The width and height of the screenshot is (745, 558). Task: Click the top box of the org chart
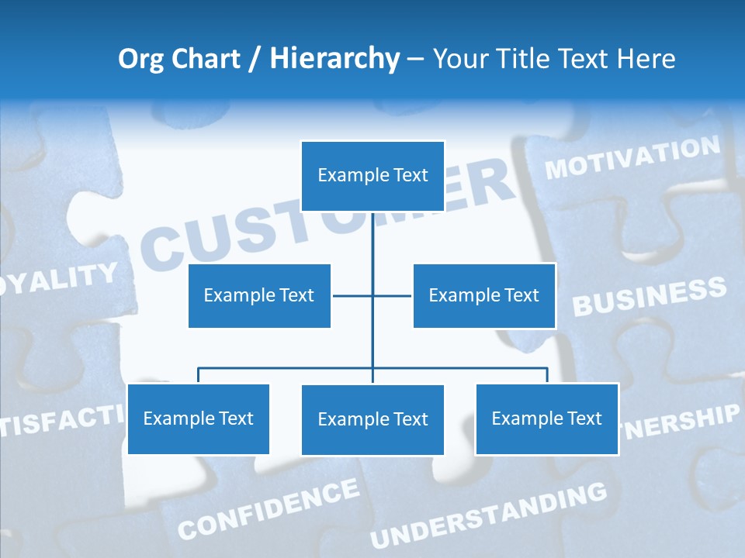(x=372, y=176)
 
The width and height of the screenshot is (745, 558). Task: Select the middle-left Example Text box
(x=259, y=295)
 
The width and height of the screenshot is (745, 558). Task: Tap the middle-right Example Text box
(x=483, y=295)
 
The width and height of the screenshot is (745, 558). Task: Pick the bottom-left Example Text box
(x=198, y=418)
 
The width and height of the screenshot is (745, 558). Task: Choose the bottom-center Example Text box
(x=372, y=419)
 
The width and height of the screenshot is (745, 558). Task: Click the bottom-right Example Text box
(x=546, y=418)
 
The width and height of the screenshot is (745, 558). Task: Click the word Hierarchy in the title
(x=334, y=59)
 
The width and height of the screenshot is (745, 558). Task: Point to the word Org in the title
(x=140, y=59)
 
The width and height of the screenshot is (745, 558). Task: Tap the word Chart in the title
(x=205, y=59)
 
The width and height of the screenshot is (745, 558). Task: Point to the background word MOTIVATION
(x=632, y=158)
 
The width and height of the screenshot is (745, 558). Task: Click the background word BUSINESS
(x=649, y=297)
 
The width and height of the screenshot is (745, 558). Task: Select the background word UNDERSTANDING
(x=488, y=515)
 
